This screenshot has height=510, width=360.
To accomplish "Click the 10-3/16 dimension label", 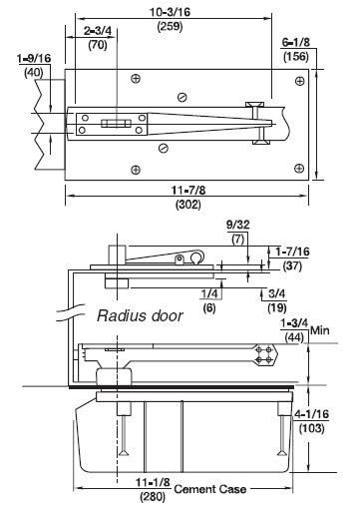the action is [170, 12].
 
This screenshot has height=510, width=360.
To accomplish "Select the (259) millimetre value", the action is [170, 26].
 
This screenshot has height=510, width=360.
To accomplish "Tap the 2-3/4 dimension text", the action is [98, 31].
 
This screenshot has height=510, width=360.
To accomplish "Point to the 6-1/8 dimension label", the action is [296, 42].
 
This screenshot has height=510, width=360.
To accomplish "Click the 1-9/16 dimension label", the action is [34, 59].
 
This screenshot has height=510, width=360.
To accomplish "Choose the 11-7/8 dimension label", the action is [188, 190].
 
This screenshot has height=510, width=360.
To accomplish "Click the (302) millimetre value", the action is [188, 204].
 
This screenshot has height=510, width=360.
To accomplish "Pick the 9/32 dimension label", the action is [238, 225].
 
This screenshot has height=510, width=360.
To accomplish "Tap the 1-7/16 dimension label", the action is [292, 252].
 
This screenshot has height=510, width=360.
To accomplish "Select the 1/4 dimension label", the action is [209, 293].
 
